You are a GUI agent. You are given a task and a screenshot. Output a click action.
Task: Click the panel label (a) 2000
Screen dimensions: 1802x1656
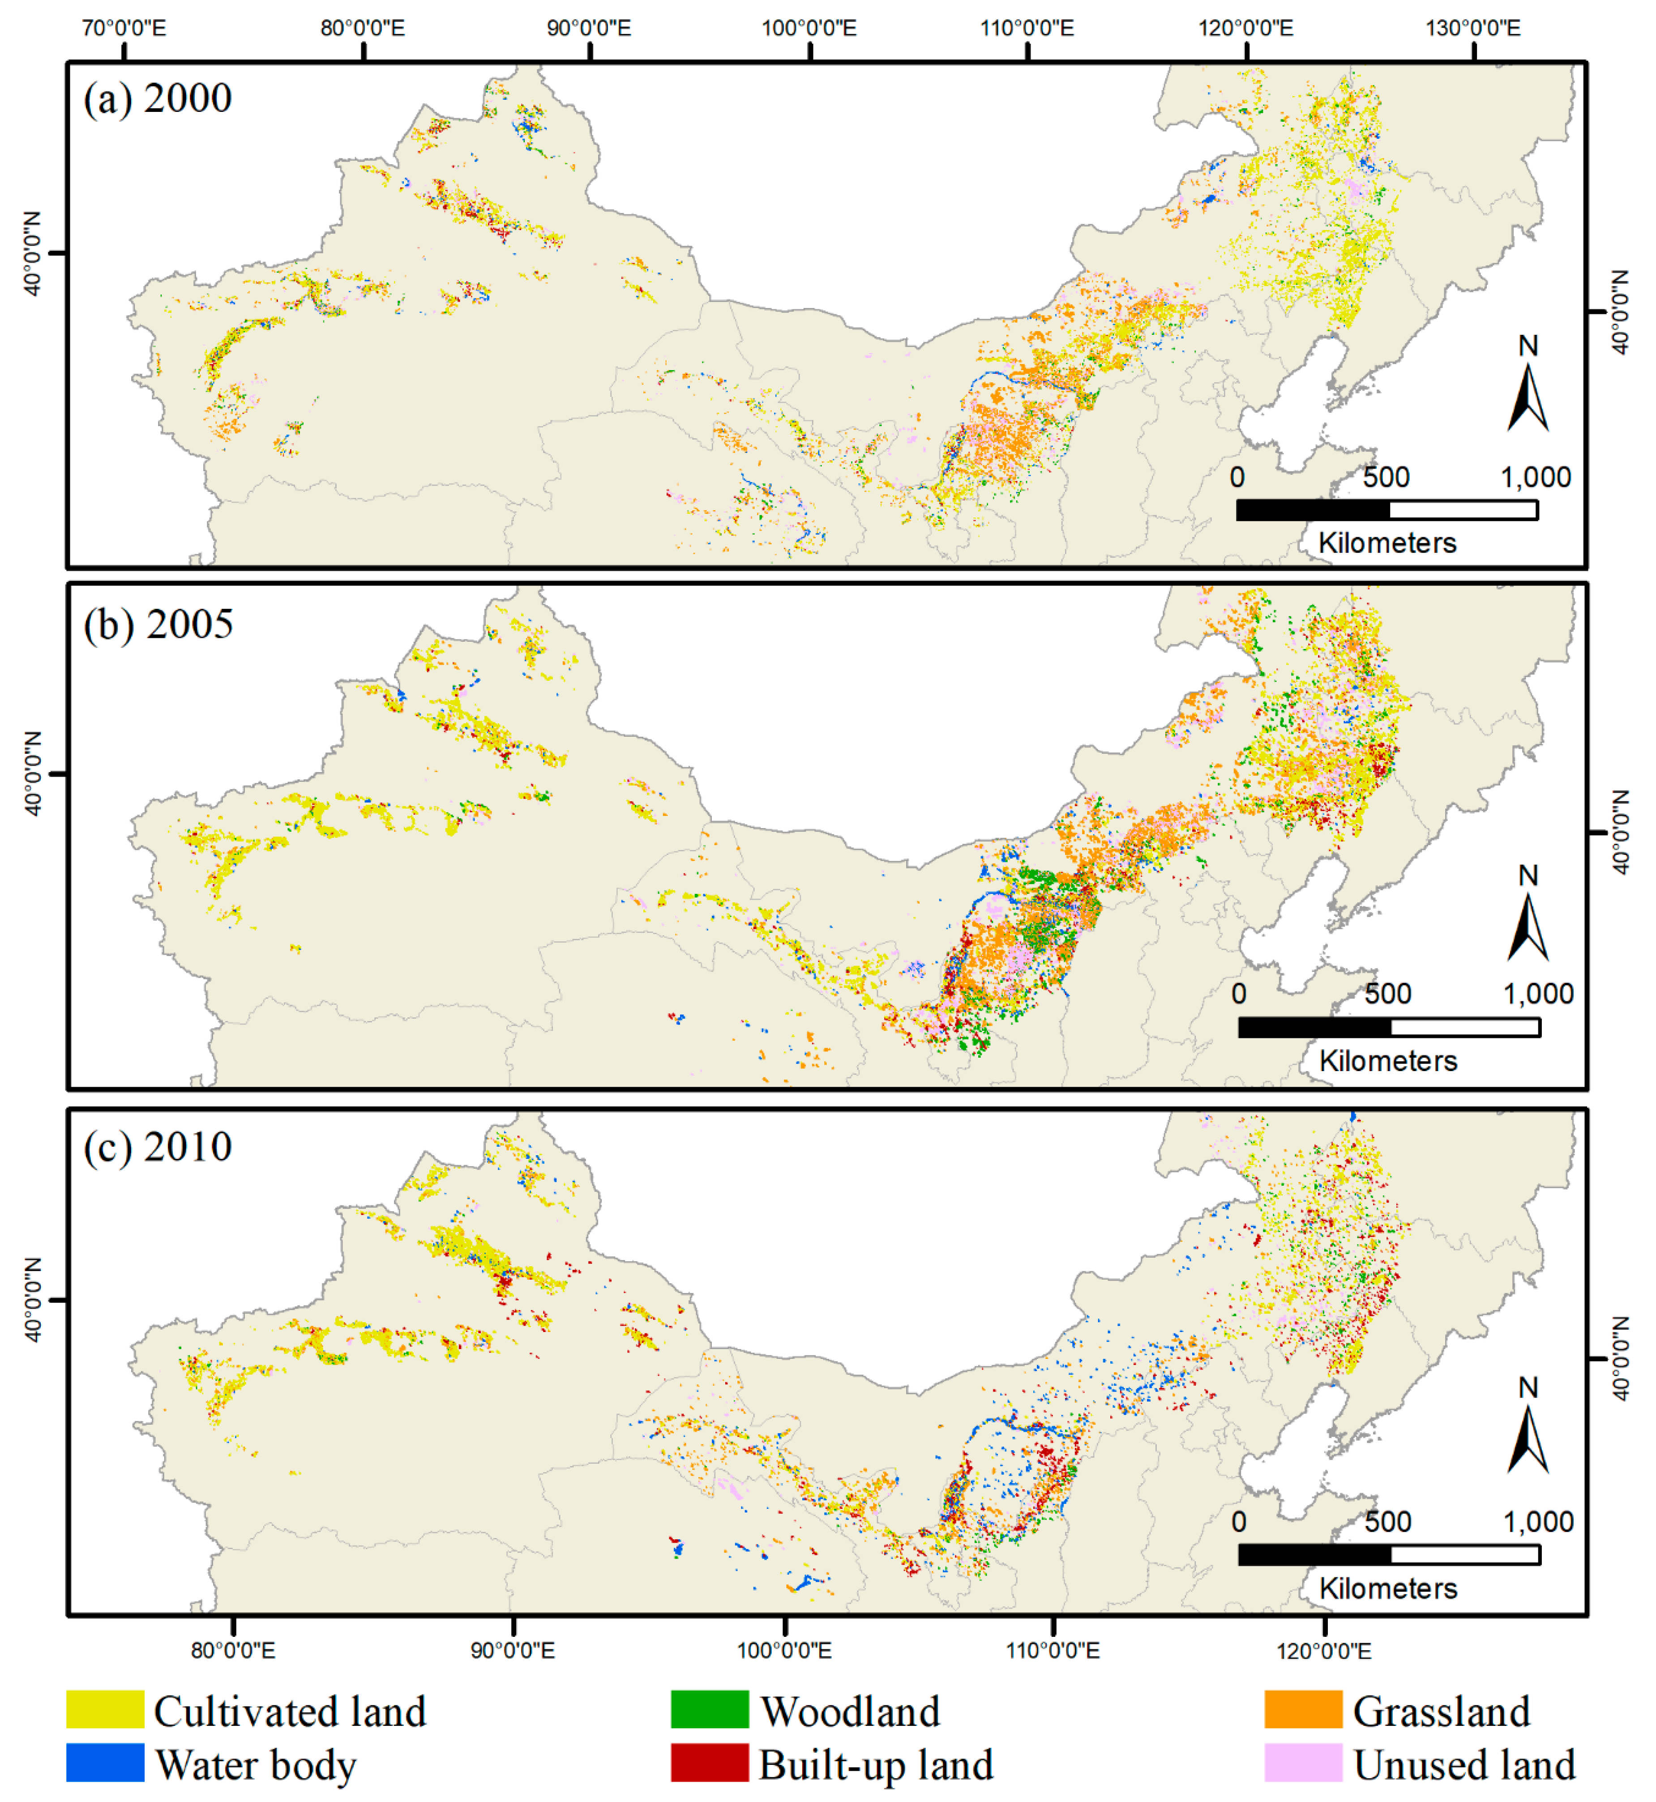click(158, 98)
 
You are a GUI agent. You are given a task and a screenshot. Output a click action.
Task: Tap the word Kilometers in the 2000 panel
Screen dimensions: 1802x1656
click(1387, 543)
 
